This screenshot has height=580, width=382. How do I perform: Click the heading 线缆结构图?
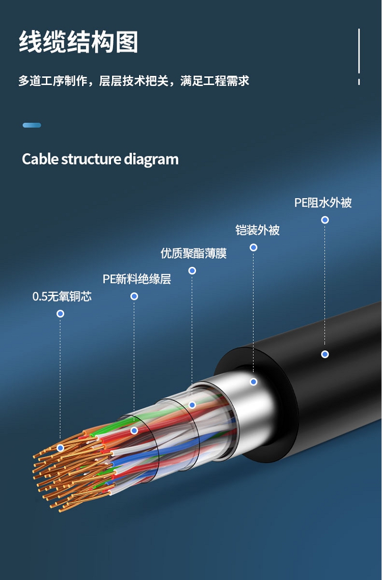click(78, 42)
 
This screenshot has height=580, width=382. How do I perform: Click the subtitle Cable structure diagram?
click(100, 159)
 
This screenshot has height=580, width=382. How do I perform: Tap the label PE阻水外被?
click(323, 203)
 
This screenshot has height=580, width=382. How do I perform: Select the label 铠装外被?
click(257, 230)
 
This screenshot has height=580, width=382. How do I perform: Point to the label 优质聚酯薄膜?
click(194, 253)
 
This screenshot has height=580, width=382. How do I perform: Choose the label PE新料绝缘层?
click(137, 279)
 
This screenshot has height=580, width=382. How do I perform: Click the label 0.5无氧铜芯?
click(62, 296)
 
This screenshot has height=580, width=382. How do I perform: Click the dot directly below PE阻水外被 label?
click(325, 220)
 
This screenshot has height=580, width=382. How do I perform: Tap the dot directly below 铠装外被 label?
click(253, 247)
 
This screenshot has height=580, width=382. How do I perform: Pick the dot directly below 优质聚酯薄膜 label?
click(192, 270)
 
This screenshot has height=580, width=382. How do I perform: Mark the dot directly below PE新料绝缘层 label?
click(134, 296)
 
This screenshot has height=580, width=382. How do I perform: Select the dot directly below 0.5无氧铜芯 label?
click(60, 314)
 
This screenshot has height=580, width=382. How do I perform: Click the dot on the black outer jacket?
click(325, 354)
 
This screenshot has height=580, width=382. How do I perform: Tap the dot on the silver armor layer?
click(253, 381)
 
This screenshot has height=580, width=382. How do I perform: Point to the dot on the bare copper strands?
click(60, 448)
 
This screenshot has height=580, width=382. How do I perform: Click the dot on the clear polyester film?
click(192, 405)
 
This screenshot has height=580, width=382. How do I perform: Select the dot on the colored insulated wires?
click(134, 430)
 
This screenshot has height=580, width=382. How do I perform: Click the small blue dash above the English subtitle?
click(32, 125)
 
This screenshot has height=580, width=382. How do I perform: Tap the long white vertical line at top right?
click(359, 50)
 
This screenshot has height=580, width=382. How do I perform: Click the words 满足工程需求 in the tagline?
click(214, 80)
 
